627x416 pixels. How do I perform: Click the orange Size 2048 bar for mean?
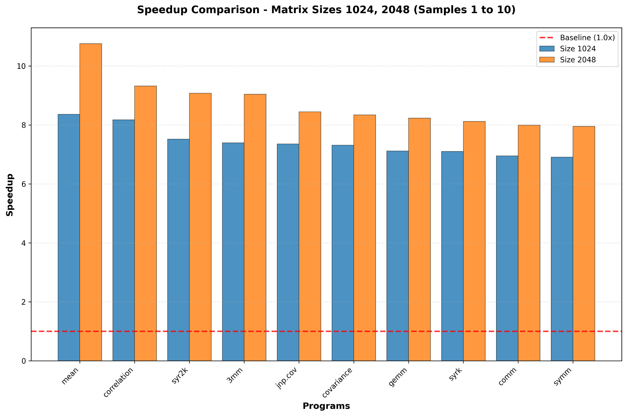pyautogui.click(x=91, y=202)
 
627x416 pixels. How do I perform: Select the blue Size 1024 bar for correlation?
pyautogui.click(x=123, y=240)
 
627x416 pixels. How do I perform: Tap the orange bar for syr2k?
pyautogui.click(x=200, y=227)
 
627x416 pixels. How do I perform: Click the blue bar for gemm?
pyautogui.click(x=397, y=256)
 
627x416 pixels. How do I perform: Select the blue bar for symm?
pyautogui.click(x=562, y=259)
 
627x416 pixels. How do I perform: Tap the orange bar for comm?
pyautogui.click(x=529, y=243)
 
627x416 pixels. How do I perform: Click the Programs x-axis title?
pyautogui.click(x=326, y=406)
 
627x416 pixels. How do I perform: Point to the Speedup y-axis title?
pyautogui.click(x=10, y=195)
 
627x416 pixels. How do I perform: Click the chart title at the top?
pyautogui.click(x=326, y=10)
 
